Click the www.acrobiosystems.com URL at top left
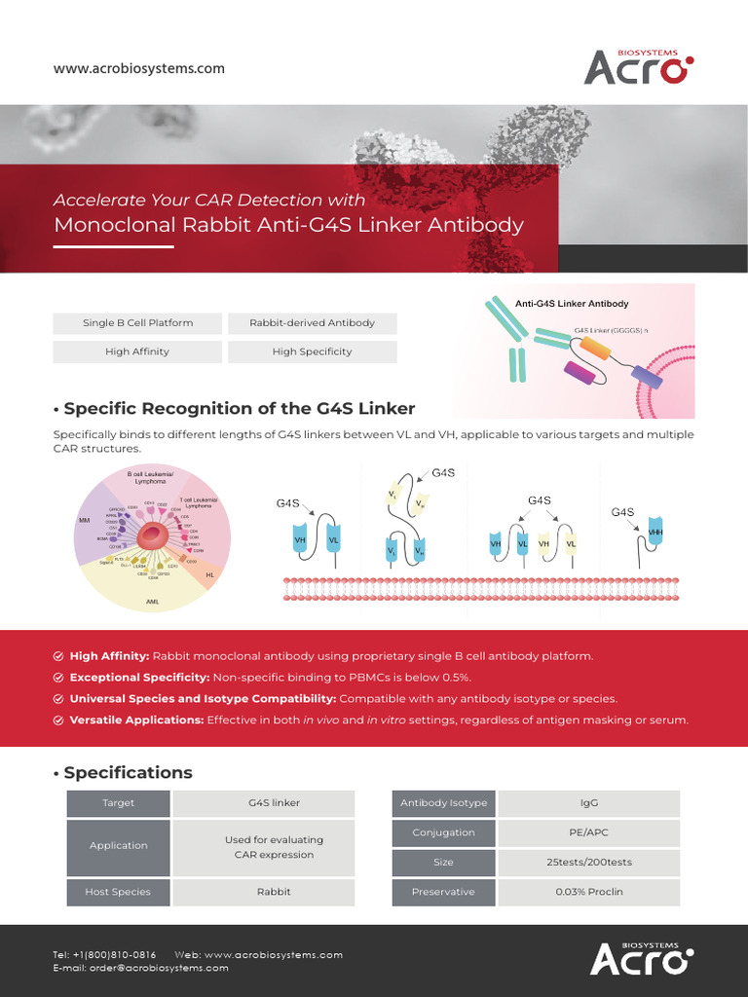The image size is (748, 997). tap(139, 69)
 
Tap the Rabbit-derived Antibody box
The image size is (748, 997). tap(312, 322)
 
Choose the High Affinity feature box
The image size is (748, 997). tap(137, 351)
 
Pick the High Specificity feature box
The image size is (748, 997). tap(312, 351)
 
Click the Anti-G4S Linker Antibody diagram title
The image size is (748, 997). tap(572, 304)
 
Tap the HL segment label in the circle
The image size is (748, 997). tap(209, 575)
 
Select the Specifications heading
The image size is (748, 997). tap(128, 773)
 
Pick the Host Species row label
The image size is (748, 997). tap(118, 892)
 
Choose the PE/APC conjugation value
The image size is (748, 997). tap(588, 832)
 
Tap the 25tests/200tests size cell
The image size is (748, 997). tap(588, 863)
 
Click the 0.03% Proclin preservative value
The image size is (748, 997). tap(588, 892)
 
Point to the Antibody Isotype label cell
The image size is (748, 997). tap(443, 803)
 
